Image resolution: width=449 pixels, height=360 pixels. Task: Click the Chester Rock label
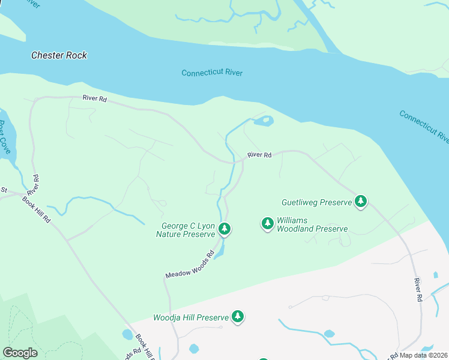59,55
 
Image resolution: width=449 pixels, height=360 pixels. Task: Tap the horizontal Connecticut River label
212,73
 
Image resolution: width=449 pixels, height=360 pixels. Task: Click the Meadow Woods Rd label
190,265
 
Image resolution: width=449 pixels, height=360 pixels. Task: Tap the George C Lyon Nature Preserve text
185,230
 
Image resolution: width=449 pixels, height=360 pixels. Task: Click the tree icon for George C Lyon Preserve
224,229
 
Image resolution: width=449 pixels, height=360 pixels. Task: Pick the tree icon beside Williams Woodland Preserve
267,224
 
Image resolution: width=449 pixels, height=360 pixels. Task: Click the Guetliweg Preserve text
316,202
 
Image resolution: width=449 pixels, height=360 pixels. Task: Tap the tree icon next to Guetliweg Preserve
361,202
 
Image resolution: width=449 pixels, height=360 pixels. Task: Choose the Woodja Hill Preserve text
191,317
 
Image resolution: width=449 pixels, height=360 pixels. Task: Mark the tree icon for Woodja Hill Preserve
238,316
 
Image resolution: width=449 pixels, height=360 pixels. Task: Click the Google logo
20,353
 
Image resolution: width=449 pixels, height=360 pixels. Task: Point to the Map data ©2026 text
424,355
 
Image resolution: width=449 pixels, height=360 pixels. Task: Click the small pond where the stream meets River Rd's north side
263,122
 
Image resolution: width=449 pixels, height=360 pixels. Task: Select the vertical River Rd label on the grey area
418,289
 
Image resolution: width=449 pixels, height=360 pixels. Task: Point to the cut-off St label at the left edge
3,190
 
